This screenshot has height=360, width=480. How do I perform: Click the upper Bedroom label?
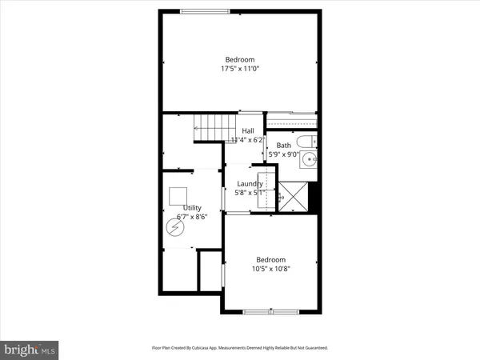pyautogui.click(x=239, y=60)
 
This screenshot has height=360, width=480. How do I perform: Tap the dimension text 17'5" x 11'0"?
pyautogui.click(x=239, y=69)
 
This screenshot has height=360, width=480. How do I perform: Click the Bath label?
pyautogui.click(x=284, y=145)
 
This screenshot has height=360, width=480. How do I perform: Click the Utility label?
pyautogui.click(x=192, y=207)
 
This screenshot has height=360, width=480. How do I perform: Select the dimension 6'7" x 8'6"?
pyautogui.click(x=192, y=217)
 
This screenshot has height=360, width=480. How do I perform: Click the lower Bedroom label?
pyautogui.click(x=270, y=259)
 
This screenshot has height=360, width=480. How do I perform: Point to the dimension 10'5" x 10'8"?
pyautogui.click(x=270, y=269)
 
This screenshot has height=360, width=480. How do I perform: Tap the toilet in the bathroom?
pyautogui.click(x=310, y=142)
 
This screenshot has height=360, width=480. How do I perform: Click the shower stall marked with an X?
pyautogui.click(x=291, y=194)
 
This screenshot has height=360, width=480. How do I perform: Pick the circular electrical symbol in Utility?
pyautogui.click(x=174, y=227)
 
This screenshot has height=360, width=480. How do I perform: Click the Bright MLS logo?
pyautogui.click(x=30, y=349)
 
